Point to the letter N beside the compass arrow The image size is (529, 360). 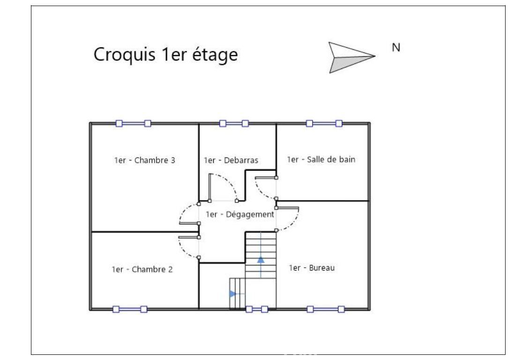point(395,47)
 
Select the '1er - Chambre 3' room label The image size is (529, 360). point(144,160)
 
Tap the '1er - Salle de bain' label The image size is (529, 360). point(321,159)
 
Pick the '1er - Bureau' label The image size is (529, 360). point(313,269)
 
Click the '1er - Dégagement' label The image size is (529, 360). point(240,215)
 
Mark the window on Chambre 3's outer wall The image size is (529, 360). point(133,123)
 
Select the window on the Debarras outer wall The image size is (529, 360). point(234,123)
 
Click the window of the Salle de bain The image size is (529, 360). point(324,123)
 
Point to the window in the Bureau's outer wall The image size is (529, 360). point(325,309)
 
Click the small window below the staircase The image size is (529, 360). point(257,309)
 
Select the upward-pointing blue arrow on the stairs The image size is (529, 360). point(261,259)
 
